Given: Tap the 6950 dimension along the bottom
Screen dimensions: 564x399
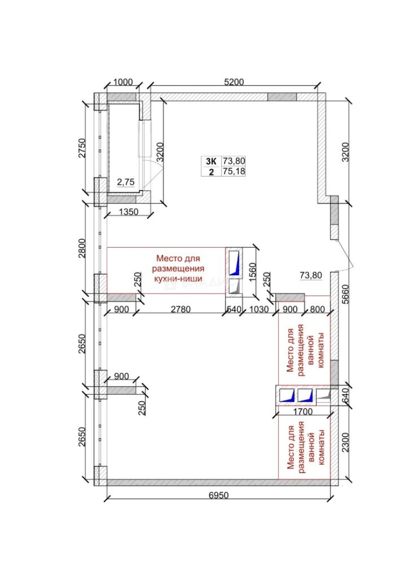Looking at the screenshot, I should [x=220, y=495].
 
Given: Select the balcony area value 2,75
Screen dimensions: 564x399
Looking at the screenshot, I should [x=125, y=182].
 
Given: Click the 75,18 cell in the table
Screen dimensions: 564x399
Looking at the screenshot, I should [x=234, y=171].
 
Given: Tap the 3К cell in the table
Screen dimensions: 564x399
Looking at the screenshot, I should [x=210, y=161].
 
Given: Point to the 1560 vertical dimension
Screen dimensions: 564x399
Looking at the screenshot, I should [x=253, y=272].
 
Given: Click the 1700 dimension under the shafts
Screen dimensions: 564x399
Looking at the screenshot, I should [x=302, y=411].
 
